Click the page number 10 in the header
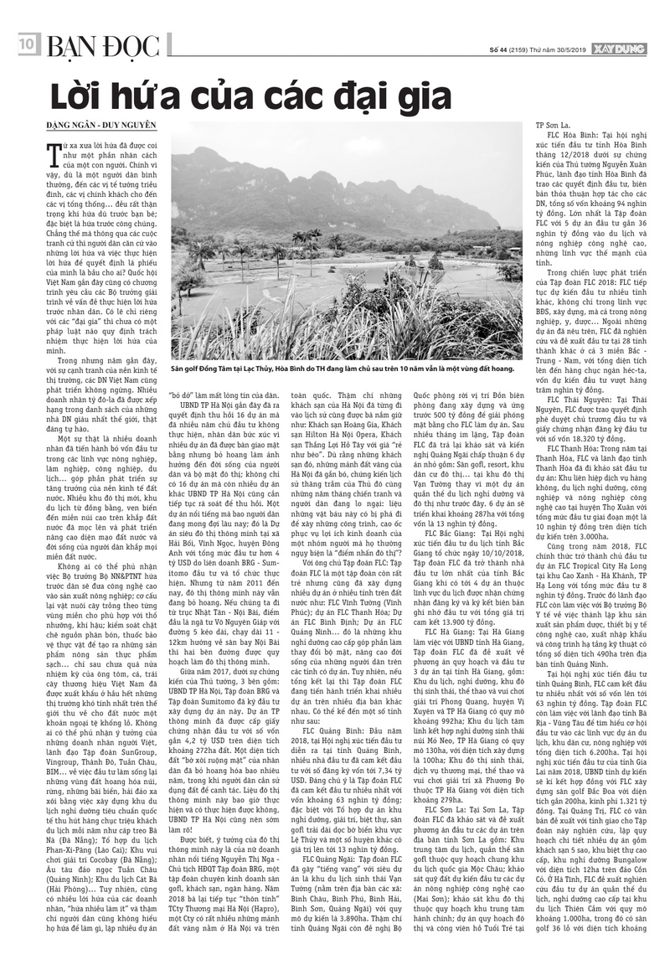pyautogui.click(x=24, y=42)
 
